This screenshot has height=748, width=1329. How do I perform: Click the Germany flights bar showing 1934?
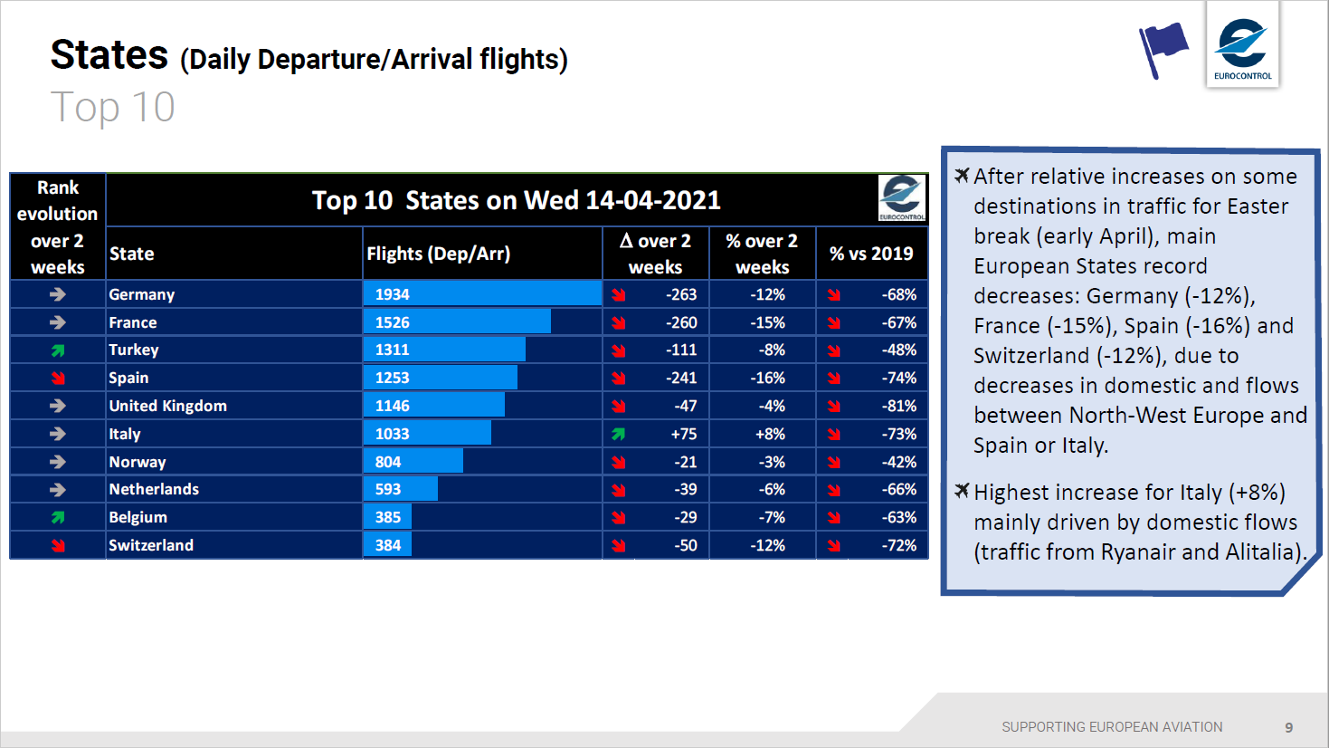(482, 294)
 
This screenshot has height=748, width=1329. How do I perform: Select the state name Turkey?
(134, 350)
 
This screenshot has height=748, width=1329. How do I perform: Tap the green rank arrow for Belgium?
(58, 517)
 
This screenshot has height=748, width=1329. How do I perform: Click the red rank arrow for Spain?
(58, 378)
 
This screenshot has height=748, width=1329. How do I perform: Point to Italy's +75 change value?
(684, 434)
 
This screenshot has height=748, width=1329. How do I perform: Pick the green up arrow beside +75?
(619, 434)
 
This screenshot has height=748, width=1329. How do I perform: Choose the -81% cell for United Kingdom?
(899, 406)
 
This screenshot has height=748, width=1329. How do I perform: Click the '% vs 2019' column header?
(871, 254)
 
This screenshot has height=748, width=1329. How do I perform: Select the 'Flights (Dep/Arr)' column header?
(439, 254)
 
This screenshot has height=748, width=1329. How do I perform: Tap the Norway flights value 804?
(388, 462)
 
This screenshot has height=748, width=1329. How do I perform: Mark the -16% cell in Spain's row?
(767, 378)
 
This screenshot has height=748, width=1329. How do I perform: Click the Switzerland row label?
(151, 545)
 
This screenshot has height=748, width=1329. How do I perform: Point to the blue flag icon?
(1163, 49)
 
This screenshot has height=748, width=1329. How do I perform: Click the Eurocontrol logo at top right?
(1243, 45)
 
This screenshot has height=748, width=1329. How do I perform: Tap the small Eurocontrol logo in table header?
(902, 197)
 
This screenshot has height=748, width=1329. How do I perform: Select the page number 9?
(1289, 727)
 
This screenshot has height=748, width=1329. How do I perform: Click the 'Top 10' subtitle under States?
(112, 108)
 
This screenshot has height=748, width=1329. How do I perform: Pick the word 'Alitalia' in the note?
(1263, 552)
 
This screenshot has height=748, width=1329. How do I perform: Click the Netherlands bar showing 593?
(400, 489)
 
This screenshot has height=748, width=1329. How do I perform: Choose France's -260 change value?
(681, 322)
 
